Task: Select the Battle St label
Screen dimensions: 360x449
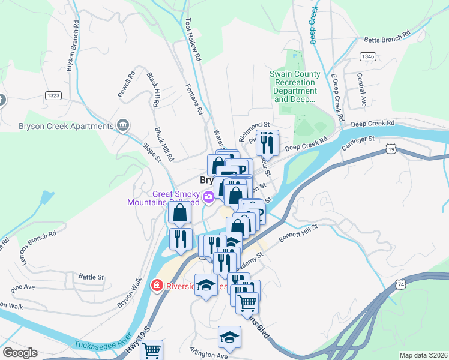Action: (91, 277)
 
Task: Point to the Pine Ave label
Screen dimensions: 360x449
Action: (23, 287)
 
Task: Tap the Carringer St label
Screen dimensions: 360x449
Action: (358, 142)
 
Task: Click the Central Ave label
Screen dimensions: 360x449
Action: (361, 90)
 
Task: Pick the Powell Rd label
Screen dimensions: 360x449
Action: (125, 85)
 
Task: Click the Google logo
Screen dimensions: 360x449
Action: (20, 353)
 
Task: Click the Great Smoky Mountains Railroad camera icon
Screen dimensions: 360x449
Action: (209, 196)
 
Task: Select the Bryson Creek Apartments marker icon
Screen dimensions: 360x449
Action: (123, 125)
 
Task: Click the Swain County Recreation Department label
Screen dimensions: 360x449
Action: (293, 86)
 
